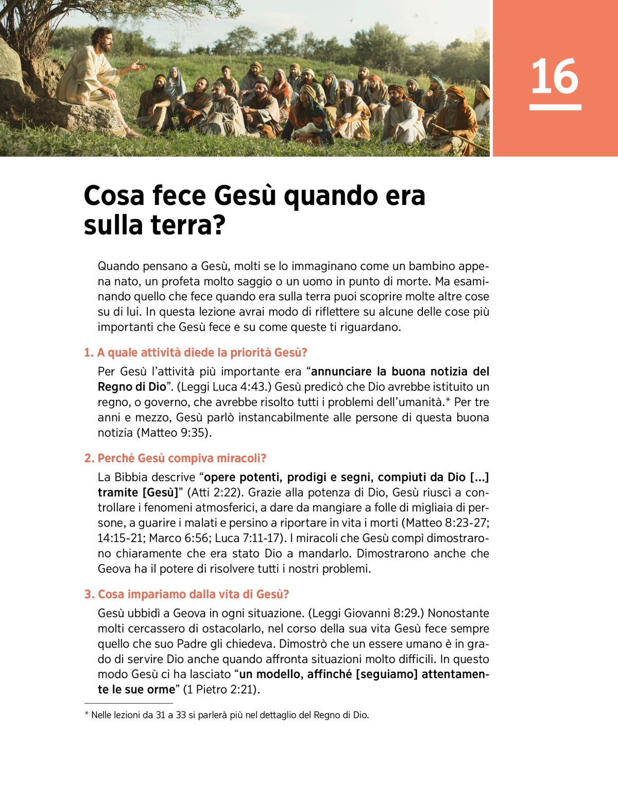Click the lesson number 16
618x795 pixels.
pyautogui.click(x=555, y=76)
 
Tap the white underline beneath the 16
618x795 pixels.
pyautogui.click(x=555, y=107)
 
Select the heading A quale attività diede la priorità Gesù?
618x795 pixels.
pyautogui.click(x=196, y=352)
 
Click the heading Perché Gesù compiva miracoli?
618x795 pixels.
pyautogui.click(x=176, y=458)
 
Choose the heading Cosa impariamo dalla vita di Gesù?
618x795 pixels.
pyautogui.click(x=187, y=594)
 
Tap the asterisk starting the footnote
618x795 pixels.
pyautogui.click(x=87, y=715)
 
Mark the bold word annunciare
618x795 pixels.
pyautogui.click(x=341, y=371)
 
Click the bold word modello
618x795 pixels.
pyautogui.click(x=278, y=674)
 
